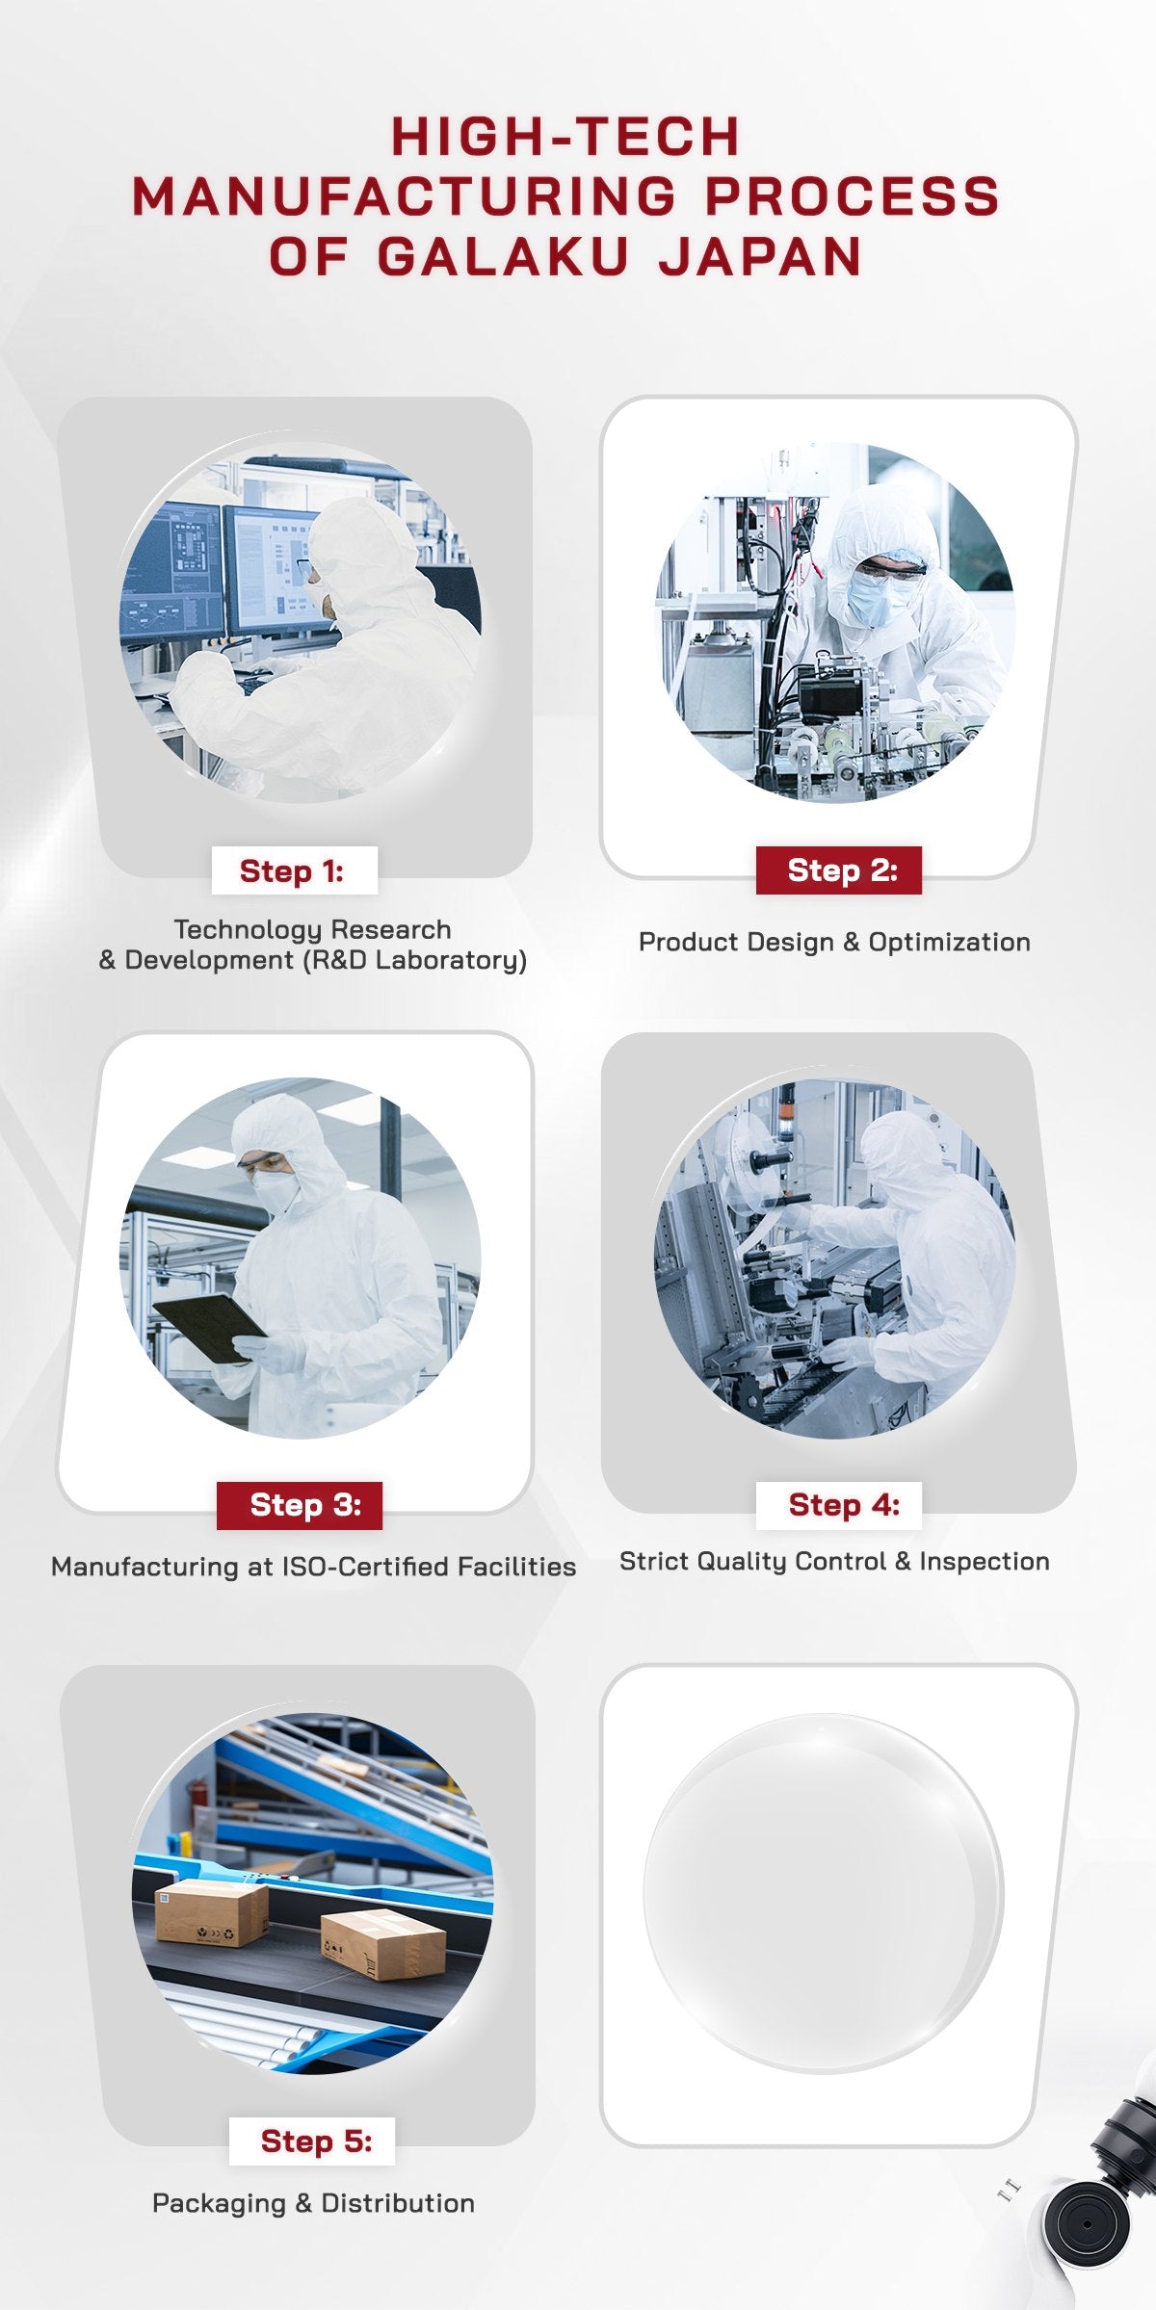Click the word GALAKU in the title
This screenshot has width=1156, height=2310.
[503, 256]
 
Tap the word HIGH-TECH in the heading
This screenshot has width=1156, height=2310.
[565, 136]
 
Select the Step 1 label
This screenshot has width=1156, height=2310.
[292, 870]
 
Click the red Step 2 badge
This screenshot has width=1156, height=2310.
[839, 870]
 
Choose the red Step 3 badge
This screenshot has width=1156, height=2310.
[300, 1505]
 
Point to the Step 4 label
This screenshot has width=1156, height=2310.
[839, 1505]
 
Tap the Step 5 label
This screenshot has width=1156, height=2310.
[312, 2141]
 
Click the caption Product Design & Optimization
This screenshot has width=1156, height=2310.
[834, 942]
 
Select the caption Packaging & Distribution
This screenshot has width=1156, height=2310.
[313, 2203]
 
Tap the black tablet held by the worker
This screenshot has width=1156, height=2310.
[209, 1327]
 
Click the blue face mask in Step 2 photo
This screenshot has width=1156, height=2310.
[878, 597]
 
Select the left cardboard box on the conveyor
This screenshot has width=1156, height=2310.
[211, 1911]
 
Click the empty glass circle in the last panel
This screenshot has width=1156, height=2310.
[824, 1893]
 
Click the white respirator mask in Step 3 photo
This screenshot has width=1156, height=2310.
[275, 1191]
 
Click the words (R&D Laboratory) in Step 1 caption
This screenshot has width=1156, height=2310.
[414, 960]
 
